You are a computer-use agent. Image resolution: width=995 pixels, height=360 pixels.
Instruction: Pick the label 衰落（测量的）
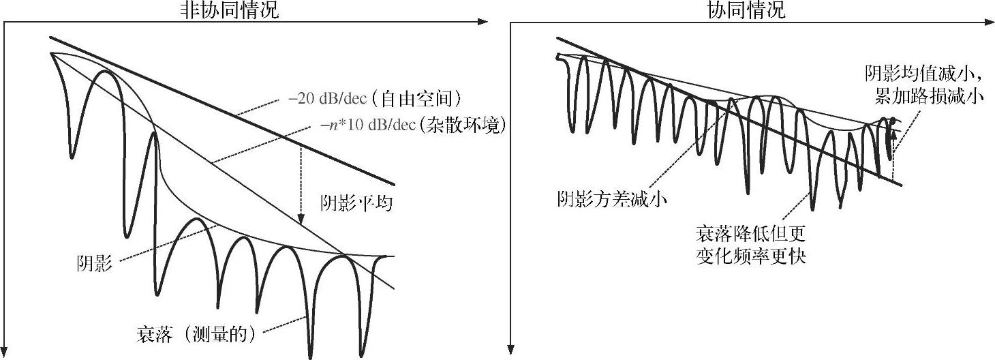tap(196, 335)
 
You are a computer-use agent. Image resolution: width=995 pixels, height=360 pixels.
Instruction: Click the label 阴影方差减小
tap(611, 198)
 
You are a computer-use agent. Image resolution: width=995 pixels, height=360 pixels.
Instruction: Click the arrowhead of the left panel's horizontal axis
tap(484, 22)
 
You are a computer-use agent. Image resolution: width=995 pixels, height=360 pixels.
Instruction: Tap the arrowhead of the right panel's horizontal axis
tap(990, 22)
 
